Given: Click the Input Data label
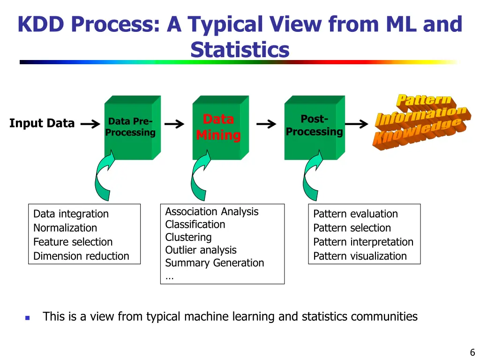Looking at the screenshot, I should (x=42, y=123).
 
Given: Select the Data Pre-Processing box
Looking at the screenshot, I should (x=129, y=127).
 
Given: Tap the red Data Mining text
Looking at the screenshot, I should (x=218, y=127).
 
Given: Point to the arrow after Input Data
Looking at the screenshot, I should (x=90, y=124).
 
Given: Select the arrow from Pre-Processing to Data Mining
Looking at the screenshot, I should (x=174, y=124).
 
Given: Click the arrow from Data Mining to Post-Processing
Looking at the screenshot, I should (x=266, y=124).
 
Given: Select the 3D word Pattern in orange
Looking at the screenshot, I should (x=424, y=99).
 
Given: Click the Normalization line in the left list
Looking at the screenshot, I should (x=65, y=228).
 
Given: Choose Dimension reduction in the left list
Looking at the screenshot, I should (x=81, y=256).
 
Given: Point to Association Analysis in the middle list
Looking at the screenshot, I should (x=211, y=211).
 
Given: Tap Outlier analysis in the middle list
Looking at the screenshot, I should (x=201, y=250).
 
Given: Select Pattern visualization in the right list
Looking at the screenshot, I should (x=360, y=256).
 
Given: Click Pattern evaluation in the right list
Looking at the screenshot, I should (x=355, y=214).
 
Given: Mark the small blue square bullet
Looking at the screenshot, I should (x=27, y=318).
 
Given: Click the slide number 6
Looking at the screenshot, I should (x=472, y=352).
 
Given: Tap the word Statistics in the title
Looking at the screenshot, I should (x=240, y=50).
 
